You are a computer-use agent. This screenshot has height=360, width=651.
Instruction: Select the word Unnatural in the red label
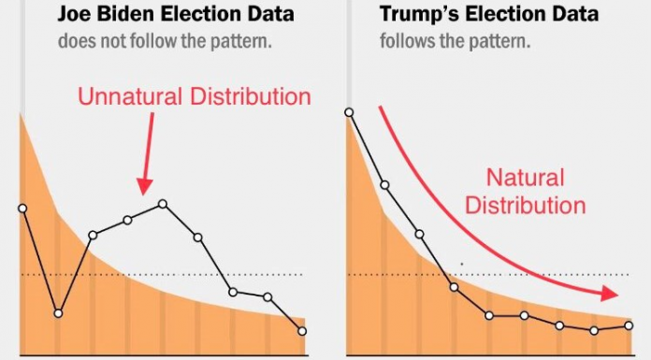tap(130, 96)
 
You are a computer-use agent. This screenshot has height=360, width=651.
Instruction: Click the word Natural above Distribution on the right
tap(526, 178)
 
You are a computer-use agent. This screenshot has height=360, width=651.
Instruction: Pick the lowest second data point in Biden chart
tap(58, 313)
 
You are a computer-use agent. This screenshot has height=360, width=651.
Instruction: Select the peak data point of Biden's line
tap(163, 204)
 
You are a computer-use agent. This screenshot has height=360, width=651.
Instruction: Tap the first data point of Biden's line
tap(22, 209)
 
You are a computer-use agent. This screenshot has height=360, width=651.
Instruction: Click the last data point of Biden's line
tap(302, 331)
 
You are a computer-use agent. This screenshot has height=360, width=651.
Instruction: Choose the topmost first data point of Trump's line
tap(349, 112)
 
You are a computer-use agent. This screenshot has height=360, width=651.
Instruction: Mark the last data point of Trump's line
tap(629, 326)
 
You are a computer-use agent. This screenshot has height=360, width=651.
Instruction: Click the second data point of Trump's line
tap(384, 185)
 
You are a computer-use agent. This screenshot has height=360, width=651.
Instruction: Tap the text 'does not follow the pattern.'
tap(165, 41)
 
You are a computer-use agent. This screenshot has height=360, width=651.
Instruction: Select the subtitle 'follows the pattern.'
tap(455, 41)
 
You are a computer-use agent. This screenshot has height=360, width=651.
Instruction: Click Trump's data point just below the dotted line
tap(455, 287)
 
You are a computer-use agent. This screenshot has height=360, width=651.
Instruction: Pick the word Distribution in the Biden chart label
tap(251, 96)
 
